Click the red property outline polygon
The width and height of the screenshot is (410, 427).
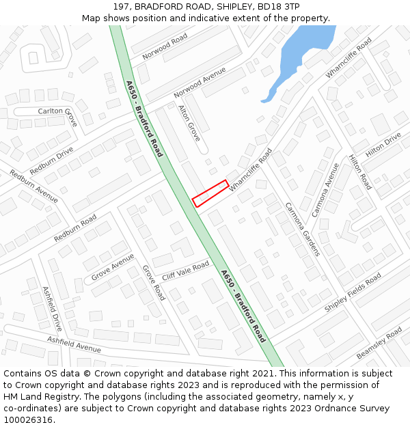tap(210, 193)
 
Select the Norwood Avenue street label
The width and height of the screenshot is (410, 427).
tap(200, 83)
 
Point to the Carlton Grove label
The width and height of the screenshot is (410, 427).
tap(58, 115)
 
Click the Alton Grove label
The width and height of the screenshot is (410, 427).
tap(189, 123)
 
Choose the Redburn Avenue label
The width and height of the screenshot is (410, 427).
tap(34, 186)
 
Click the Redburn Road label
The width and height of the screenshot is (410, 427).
tap(75, 228)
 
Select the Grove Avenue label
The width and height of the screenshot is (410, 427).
tap(113, 267)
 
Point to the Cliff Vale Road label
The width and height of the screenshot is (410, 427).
tap(185, 271)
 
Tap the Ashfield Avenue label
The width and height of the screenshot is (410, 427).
tap(74, 344)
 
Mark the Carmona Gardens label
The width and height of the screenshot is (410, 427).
tap(302, 229)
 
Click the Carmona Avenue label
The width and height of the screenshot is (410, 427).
tap(325, 190)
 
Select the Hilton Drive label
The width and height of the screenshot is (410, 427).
tap(383, 145)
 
